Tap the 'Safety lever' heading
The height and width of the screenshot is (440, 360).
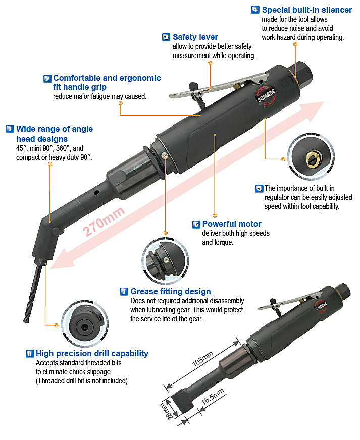click(x=195, y=37)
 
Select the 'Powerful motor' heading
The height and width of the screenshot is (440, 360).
click(x=232, y=224)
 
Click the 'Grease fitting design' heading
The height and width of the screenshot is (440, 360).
click(x=171, y=291)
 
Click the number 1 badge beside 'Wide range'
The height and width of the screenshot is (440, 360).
click(x=9, y=129)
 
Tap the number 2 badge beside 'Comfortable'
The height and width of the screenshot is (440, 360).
click(x=47, y=79)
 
